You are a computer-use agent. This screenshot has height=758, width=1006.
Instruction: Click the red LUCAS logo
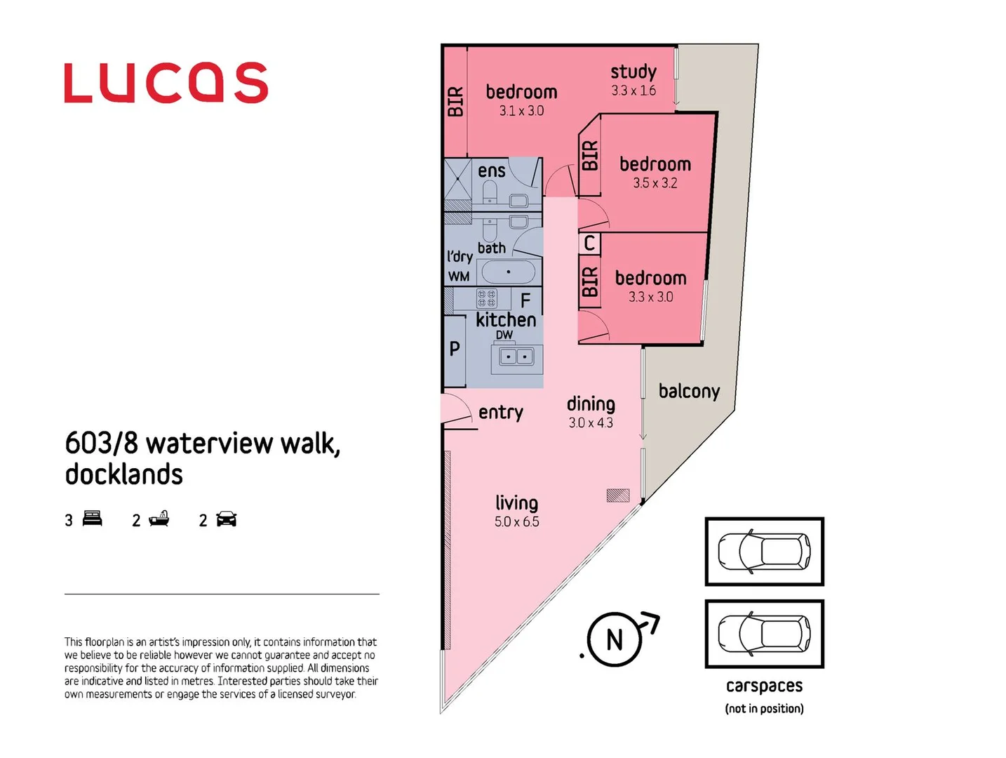point(166,83)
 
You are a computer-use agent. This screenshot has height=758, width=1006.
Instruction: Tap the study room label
point(633,72)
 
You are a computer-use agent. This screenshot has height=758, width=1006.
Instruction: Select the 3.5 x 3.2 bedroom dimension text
point(655,183)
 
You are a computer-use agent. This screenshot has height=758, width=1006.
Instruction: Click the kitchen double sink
point(516,357)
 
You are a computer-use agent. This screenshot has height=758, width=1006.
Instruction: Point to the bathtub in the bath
point(509,272)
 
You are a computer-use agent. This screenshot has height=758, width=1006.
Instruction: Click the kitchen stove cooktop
point(487,298)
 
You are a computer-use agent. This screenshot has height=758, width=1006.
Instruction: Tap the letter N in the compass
point(615,640)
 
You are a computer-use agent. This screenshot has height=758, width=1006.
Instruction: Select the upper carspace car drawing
point(764,552)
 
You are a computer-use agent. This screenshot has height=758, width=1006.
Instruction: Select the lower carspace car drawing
point(764,634)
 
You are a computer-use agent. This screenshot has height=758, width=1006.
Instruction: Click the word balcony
point(689,391)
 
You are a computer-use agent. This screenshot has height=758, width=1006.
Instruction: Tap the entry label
point(500,412)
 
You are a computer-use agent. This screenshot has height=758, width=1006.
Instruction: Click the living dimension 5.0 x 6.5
point(516,521)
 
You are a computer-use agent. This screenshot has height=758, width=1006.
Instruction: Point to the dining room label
point(591,404)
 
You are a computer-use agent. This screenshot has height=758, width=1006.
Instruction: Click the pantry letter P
point(455,348)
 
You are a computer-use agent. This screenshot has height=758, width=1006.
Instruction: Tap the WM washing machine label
point(459,277)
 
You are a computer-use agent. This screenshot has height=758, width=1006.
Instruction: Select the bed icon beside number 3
point(93,519)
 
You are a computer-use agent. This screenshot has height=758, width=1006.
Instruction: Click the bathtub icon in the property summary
point(159,519)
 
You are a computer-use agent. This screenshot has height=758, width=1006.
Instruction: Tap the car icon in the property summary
point(227,519)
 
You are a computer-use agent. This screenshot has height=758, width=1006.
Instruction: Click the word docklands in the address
point(124,474)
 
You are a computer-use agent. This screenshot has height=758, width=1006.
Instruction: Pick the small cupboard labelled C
point(589,244)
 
